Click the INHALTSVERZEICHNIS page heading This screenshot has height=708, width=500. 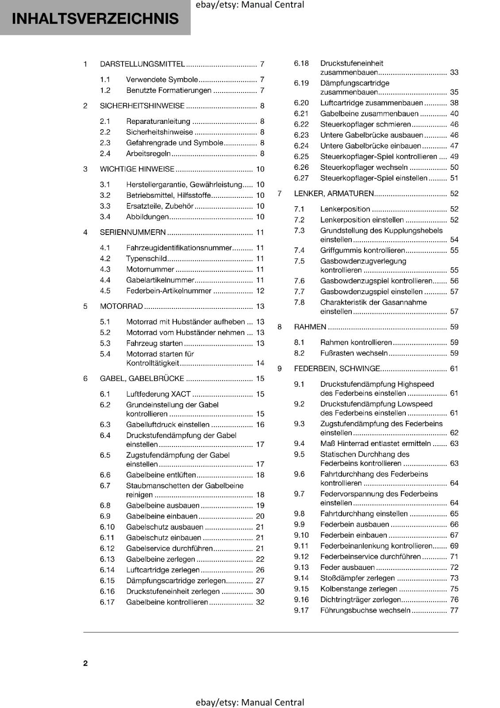[95, 19]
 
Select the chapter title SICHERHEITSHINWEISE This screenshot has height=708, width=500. [142, 106]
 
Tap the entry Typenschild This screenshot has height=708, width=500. [146, 258]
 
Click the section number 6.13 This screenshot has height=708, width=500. [107, 559]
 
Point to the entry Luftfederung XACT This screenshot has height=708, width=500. [158, 394]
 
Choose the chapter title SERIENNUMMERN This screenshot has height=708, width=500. [133, 232]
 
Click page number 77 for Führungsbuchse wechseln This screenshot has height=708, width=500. [454, 610]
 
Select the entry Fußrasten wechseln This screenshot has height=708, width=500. [354, 353]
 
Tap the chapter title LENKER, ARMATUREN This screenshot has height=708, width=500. [334, 193]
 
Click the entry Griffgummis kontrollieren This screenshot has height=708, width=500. [362, 250]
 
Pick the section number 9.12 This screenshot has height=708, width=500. [301, 557]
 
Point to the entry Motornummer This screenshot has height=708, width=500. [150, 269]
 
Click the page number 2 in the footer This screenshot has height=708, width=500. [85, 663]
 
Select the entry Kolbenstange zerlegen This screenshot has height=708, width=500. [359, 589]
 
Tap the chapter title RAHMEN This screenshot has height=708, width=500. [310, 327]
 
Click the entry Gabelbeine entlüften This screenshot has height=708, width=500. [161, 475]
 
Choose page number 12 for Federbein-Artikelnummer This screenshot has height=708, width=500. [260, 291]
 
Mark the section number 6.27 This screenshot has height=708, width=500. [301, 178]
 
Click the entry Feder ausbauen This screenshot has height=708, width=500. [347, 567]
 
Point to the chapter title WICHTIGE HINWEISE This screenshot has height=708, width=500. [137, 169]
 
